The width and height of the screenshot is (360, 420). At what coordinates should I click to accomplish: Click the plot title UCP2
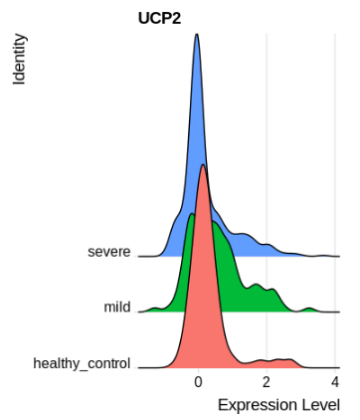[158, 17]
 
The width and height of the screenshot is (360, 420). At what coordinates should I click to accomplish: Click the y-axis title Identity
[19, 60]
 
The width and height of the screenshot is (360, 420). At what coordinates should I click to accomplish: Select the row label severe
[108, 252]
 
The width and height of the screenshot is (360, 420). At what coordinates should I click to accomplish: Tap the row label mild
[116, 308]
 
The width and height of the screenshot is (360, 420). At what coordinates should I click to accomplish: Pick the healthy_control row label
[82, 363]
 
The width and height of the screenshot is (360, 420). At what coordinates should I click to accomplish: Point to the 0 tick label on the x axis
[198, 382]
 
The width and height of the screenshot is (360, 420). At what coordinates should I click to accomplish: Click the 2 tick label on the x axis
[267, 382]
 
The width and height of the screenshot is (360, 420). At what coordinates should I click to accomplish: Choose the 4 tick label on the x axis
[335, 382]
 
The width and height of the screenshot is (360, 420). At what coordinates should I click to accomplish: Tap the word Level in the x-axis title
[320, 405]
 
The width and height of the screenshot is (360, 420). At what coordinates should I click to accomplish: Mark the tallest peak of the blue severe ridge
[197, 36]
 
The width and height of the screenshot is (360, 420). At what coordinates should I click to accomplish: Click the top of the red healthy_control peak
[203, 165]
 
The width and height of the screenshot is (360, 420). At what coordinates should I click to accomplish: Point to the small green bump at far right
[310, 309]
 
